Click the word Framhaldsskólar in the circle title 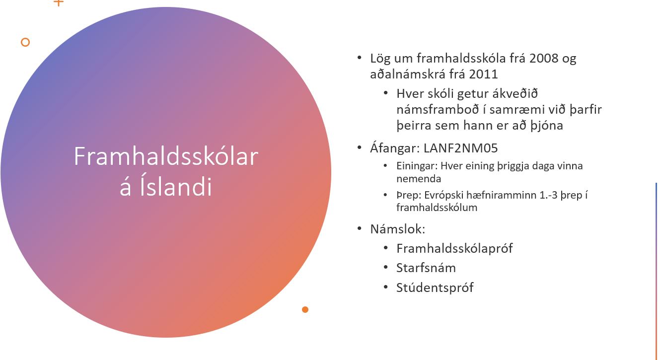pos(166,156)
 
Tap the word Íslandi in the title pos(176,186)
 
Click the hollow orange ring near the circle pos(25,42)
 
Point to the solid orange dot pos(305,309)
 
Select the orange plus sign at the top pos(59,2)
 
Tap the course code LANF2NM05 pos(461,148)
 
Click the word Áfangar pos(393,147)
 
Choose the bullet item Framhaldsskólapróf pos(454,249)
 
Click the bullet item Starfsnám pos(426,268)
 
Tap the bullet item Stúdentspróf pos(435,288)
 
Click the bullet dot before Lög pos(360,58)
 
